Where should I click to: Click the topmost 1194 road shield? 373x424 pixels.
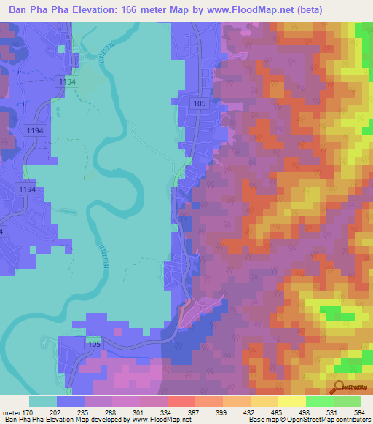coord(67,83)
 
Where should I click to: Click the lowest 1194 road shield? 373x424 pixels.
coord(25,189)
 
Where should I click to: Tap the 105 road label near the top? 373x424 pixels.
coord(200,104)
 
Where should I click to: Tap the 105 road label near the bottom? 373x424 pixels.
coord(93,342)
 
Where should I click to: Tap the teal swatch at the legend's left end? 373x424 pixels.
coord(43,401)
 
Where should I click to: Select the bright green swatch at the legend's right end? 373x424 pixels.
coord(348,401)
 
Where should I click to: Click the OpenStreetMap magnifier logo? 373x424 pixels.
coord(339,386)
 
